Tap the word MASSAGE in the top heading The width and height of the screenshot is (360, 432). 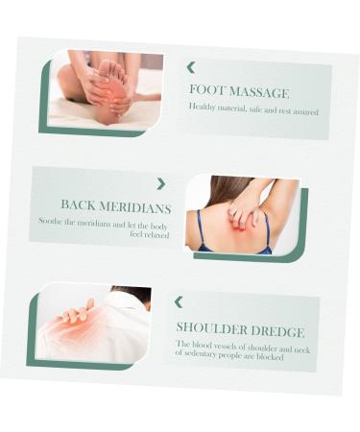click(257, 93)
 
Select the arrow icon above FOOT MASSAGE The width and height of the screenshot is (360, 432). click(190, 67)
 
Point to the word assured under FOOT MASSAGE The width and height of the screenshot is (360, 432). click(303, 111)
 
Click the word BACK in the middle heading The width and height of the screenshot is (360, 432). click(80, 205)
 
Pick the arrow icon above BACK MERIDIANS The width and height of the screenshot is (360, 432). click(160, 183)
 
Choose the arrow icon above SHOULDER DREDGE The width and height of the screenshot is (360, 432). click(178, 301)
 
